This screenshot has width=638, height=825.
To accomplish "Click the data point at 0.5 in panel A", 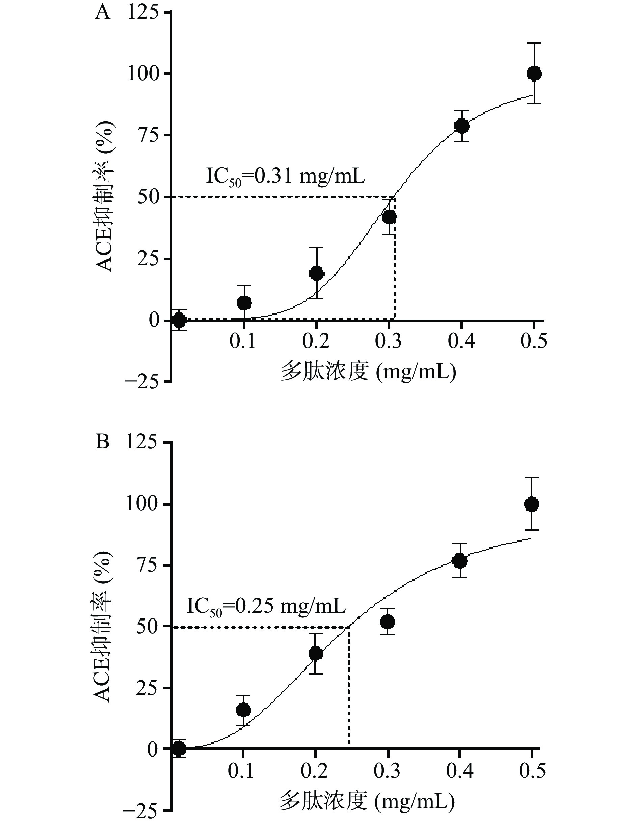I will click(x=534, y=73).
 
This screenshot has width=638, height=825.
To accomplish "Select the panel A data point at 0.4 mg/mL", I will click(x=461, y=126).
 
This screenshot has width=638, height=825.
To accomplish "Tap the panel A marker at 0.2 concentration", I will click(x=317, y=273).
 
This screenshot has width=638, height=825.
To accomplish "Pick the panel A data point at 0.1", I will click(x=244, y=302).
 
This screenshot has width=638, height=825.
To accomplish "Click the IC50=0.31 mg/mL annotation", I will click(x=285, y=176).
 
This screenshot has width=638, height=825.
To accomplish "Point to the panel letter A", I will click(x=102, y=13).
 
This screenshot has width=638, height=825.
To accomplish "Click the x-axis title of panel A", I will click(x=369, y=372).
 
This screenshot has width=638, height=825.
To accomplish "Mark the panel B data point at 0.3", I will click(x=388, y=622).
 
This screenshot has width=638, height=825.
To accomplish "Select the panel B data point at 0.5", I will click(x=532, y=504).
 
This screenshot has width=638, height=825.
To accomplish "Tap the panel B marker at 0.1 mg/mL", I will click(x=243, y=710).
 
